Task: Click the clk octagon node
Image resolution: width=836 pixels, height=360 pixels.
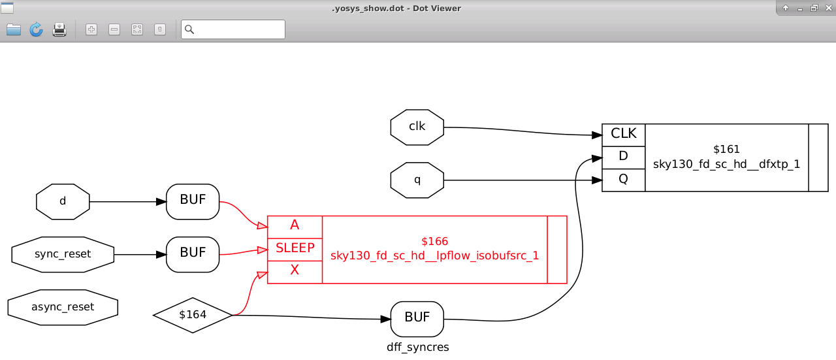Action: pos(417,127)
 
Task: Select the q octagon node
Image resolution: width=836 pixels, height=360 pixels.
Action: pos(417,180)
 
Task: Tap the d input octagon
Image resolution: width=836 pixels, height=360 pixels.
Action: pos(63,201)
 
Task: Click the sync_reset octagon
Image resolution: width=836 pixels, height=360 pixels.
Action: pos(63,254)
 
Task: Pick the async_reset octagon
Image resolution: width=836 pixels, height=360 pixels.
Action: pos(63,307)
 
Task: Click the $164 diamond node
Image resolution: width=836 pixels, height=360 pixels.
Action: pos(193,315)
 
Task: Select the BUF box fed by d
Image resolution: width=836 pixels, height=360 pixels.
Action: pos(193,201)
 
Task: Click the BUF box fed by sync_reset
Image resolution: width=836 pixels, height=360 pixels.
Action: pos(193,254)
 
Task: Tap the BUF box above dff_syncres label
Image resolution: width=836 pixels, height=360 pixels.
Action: pos(417,318)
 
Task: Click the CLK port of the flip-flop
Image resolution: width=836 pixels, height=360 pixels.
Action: pos(623,135)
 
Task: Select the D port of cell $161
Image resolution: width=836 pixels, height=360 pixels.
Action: pos(623,157)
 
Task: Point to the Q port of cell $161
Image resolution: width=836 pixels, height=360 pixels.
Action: pos(623,180)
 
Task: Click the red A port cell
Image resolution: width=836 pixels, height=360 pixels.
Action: pos(295,226)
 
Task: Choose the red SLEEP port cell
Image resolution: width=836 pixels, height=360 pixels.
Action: pos(295,249)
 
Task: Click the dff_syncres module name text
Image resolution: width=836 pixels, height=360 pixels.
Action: pos(417,348)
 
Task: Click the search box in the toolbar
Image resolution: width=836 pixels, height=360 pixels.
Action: pos(238,29)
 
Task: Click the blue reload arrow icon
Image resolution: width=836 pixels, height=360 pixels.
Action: pos(36,29)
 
